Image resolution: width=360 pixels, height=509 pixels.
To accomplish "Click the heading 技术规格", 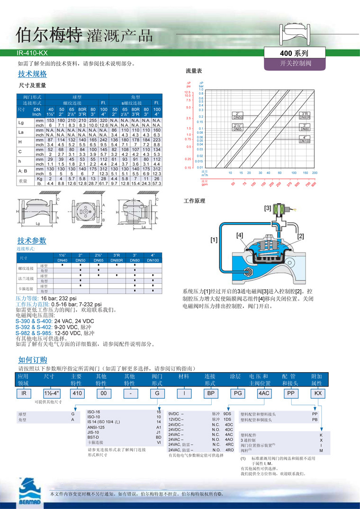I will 32,74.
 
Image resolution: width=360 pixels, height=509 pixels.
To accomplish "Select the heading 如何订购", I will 32,360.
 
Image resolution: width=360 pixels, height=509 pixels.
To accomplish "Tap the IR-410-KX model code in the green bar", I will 32,54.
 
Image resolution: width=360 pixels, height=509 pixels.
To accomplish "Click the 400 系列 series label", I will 295,54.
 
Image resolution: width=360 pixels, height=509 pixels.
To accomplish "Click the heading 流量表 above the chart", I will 193,71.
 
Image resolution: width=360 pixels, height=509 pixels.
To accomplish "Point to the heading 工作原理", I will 194,201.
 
